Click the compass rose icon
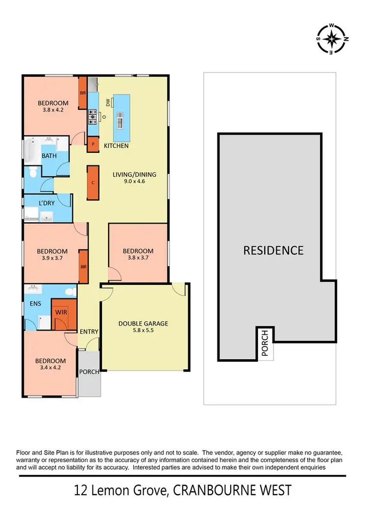coord(332,38)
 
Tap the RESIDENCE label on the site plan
coord(273,250)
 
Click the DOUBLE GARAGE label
coord(143,323)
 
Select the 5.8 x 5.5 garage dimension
coord(143,331)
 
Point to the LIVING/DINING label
coord(129,174)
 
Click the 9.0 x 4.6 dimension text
coord(129,181)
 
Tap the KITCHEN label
coord(116,146)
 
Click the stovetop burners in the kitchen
coord(92,117)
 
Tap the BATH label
coord(49,156)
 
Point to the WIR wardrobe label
coord(61,312)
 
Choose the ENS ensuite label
coord(35,303)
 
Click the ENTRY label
coord(90,332)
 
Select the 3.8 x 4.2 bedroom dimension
coord(54,110)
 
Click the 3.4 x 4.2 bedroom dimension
coord(50,368)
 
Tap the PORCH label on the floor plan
coord(90,372)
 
